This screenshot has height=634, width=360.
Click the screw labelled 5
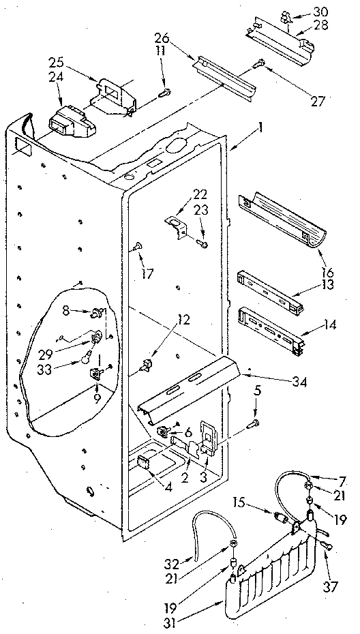(x=253, y=425)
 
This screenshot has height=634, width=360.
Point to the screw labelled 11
(x=165, y=93)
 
